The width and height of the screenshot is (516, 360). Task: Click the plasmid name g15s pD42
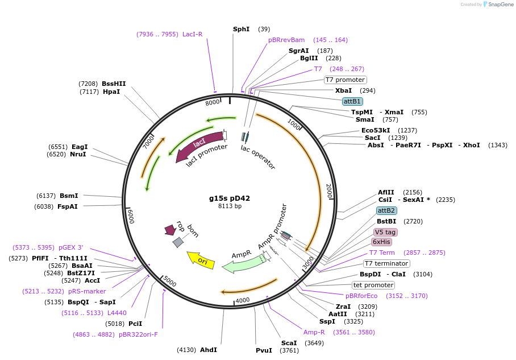click(230, 198)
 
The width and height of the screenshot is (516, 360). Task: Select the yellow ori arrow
click(201, 259)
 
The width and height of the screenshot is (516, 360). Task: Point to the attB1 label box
click(352, 101)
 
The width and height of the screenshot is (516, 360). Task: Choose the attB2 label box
click(386, 210)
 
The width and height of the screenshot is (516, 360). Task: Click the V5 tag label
click(385, 232)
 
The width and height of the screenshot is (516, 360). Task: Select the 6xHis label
click(381, 242)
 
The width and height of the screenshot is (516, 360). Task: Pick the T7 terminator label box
click(386, 263)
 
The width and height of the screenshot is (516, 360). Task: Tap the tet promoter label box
click(373, 285)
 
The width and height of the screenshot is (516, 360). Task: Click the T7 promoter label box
click(346, 80)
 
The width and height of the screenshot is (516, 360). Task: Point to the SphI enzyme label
click(241, 29)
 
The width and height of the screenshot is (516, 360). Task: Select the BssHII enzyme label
click(114, 83)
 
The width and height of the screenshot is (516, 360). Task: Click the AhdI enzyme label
click(209, 350)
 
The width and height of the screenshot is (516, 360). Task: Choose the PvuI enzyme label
click(264, 350)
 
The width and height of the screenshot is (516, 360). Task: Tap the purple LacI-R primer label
click(192, 34)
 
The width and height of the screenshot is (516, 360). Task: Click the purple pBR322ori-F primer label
click(138, 334)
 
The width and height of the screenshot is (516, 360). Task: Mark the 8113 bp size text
click(230, 206)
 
